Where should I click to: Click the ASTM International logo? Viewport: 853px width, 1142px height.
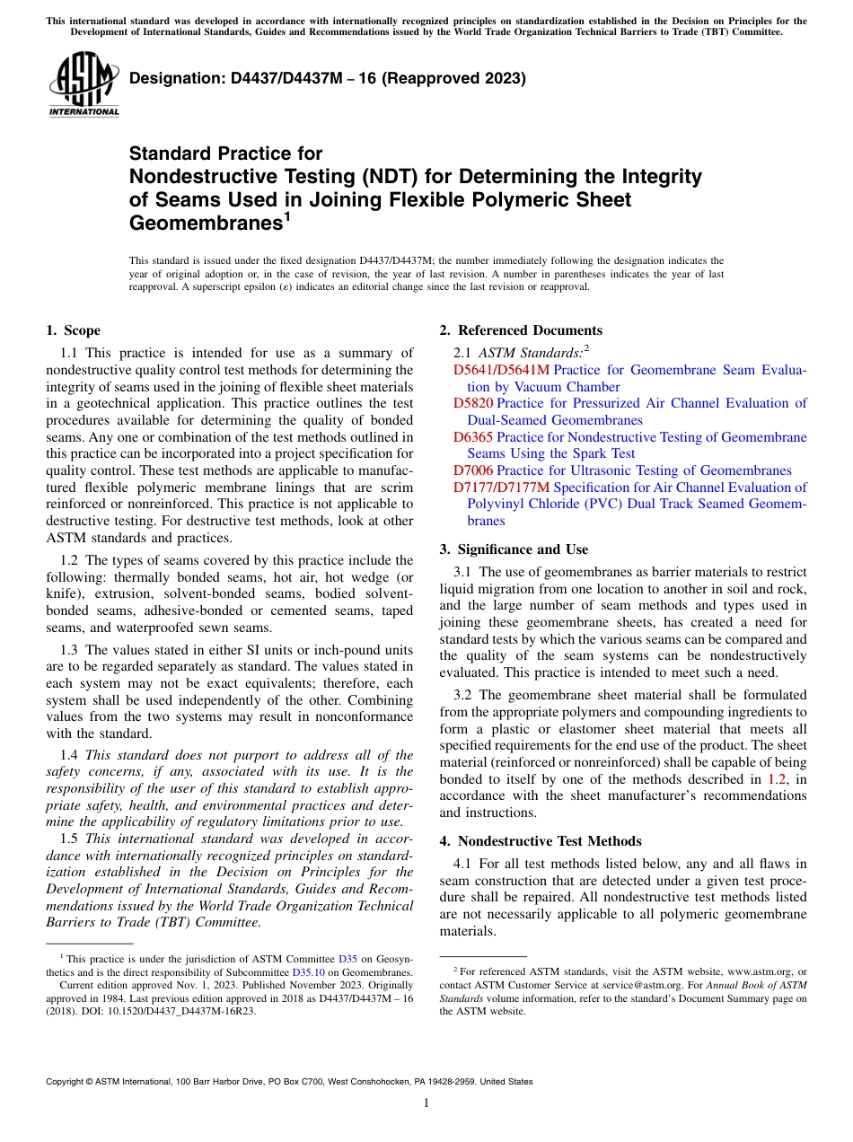(x=84, y=87)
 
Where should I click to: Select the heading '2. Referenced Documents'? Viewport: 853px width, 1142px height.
(x=521, y=330)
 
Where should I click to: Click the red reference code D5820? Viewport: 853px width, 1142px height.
(x=473, y=403)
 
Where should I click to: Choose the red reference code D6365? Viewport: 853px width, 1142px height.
(x=473, y=437)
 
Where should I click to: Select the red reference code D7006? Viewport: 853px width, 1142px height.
(x=473, y=470)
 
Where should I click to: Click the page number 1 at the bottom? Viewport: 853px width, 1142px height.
(x=426, y=1103)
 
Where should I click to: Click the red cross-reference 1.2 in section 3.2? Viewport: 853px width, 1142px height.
(x=778, y=779)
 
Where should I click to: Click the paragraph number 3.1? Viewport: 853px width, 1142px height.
(x=463, y=572)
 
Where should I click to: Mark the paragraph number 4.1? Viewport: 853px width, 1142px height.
(x=463, y=864)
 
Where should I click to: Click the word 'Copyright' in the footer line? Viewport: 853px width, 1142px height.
(x=67, y=1082)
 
